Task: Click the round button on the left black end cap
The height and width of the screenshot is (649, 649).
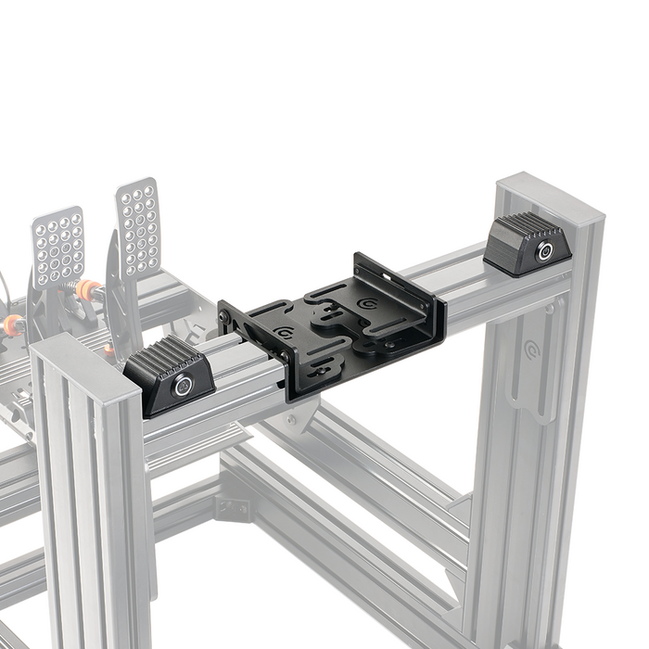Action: click(x=184, y=386)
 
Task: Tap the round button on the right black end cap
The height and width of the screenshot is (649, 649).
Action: click(x=544, y=251)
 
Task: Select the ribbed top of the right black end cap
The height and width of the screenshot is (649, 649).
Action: click(x=525, y=226)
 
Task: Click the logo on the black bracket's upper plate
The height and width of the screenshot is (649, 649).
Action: click(x=369, y=302)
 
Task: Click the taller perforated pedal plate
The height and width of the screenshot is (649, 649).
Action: click(x=138, y=227)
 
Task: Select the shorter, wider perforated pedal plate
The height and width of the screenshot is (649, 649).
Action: click(x=58, y=247)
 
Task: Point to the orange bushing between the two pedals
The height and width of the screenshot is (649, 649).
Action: click(x=86, y=290)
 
